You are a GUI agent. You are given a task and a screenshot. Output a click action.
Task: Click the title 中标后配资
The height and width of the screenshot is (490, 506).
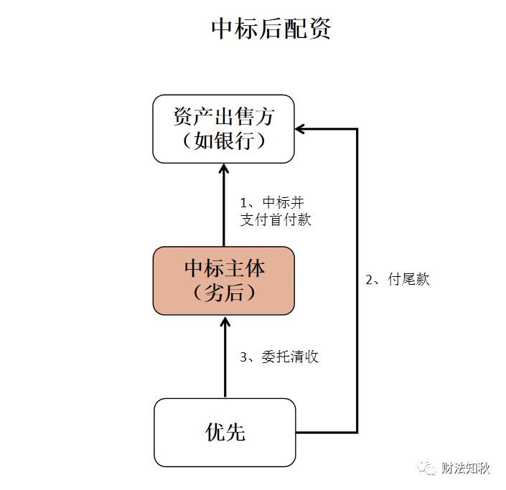point(271,29)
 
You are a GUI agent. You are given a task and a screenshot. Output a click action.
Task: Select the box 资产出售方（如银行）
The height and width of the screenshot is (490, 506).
point(223,129)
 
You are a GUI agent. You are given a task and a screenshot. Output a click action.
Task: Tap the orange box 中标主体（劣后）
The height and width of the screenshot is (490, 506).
point(223,281)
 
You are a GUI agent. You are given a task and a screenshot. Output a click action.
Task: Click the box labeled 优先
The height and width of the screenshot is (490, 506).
point(225,432)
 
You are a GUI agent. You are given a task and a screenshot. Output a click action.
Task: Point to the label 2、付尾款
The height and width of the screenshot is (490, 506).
point(398,280)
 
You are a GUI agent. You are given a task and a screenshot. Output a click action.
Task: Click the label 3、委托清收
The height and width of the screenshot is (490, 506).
point(279,357)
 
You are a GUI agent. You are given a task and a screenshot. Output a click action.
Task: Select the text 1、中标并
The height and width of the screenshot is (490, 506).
point(276,202)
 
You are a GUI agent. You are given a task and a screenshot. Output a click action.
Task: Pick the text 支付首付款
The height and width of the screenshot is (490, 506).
point(276,220)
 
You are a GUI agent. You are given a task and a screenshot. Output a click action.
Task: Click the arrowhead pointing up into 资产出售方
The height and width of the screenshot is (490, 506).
point(223,169)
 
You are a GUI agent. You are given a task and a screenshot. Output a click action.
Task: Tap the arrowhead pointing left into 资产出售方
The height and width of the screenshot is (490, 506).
point(301,129)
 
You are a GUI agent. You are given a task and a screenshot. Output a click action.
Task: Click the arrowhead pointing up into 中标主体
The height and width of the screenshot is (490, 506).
point(225,321)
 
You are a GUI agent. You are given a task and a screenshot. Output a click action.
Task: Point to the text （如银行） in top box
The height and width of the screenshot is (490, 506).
point(224,141)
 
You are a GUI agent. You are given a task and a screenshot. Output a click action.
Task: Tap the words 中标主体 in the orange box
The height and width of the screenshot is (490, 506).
point(224,268)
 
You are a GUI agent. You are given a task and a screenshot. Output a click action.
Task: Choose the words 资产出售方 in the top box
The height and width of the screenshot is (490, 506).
point(224,116)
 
